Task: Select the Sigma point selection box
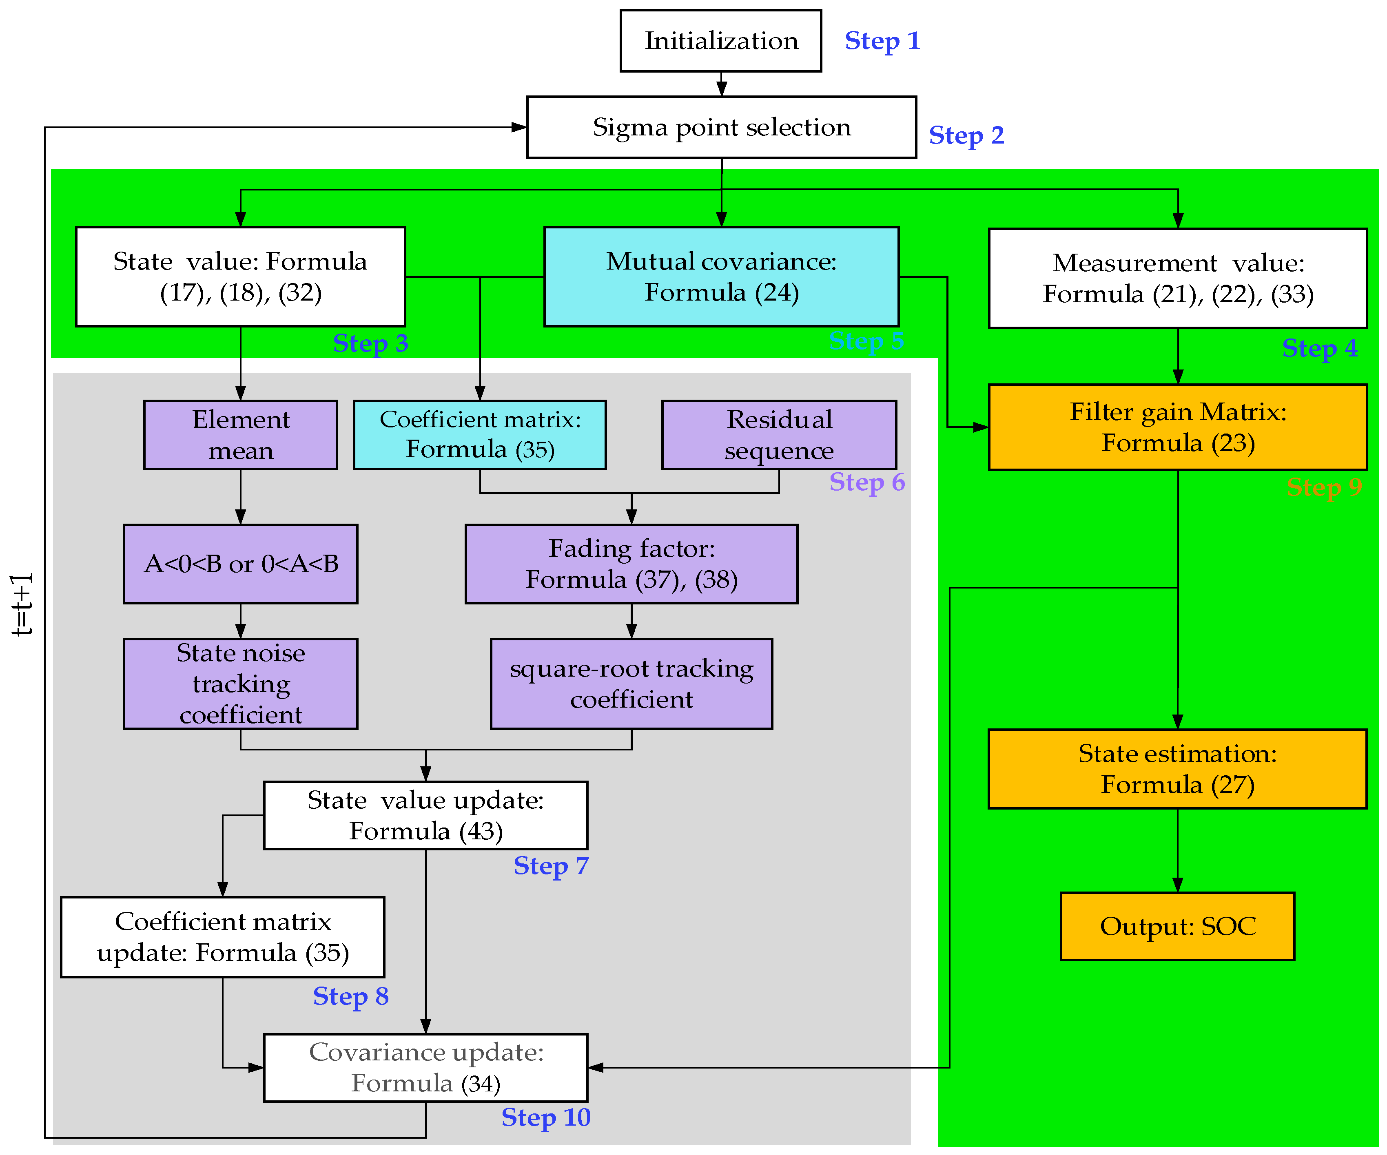[721, 128]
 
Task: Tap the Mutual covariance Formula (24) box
[721, 277]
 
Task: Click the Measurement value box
[1178, 278]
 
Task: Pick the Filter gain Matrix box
[1178, 427]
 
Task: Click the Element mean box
[240, 435]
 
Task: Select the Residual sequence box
[779, 435]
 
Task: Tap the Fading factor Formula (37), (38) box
[631, 564]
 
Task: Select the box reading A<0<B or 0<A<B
[240, 564]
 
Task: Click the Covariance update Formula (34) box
[425, 1068]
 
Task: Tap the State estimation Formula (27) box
[1178, 769]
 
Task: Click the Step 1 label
[882, 41]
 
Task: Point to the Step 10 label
[545, 1117]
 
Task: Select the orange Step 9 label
[1324, 487]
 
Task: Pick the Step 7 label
[551, 866]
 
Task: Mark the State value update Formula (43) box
[425, 816]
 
